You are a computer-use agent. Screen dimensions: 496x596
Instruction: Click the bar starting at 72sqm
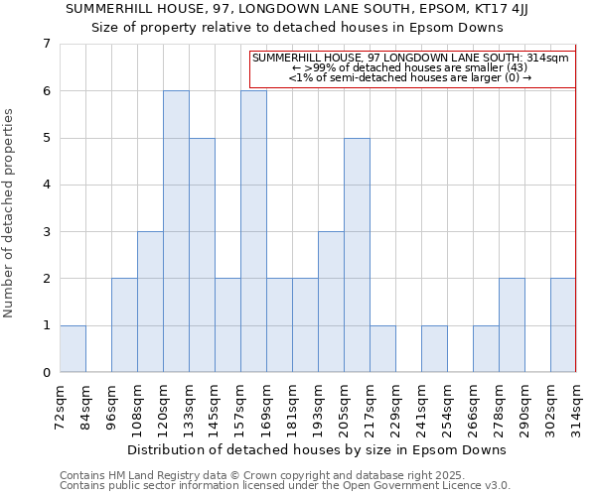(x=73, y=348)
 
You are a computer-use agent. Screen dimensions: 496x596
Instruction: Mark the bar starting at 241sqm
(x=434, y=348)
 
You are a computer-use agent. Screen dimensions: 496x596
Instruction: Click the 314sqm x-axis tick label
(x=576, y=406)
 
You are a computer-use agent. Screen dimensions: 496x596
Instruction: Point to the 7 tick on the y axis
(x=46, y=44)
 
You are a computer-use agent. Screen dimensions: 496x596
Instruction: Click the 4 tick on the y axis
(x=46, y=185)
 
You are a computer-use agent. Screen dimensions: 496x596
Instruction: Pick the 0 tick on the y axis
(x=46, y=373)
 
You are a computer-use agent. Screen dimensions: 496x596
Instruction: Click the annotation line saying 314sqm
(x=410, y=59)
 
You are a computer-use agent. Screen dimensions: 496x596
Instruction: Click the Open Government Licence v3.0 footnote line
(x=285, y=485)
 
